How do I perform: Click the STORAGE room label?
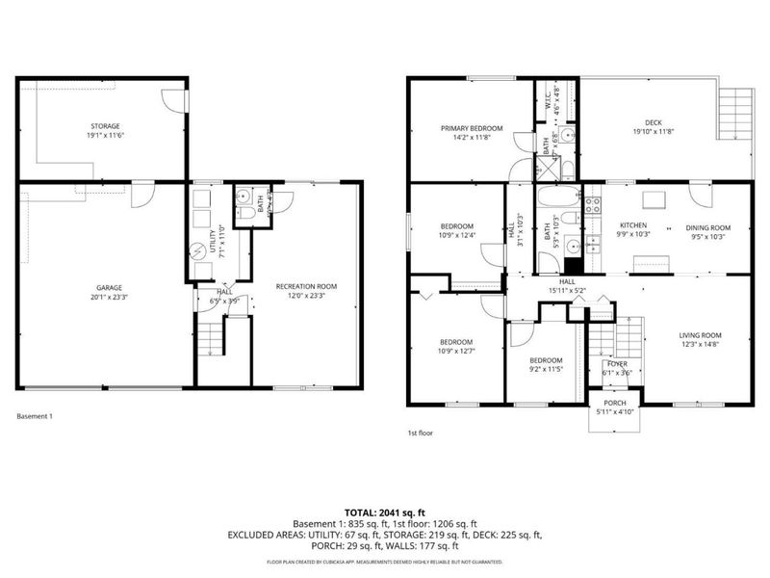point(106,125)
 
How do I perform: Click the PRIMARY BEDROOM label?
point(471,128)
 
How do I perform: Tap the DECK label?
point(654,122)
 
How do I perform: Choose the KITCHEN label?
point(632,225)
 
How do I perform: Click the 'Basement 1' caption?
point(35,416)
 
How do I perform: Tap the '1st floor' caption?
point(420,433)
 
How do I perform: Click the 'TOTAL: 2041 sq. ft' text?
point(384,512)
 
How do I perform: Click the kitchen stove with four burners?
point(594,205)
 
